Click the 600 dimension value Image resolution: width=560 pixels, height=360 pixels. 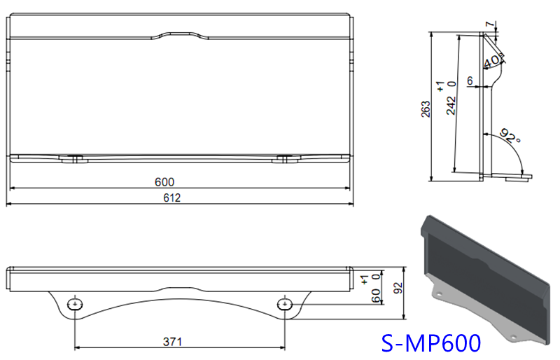164,182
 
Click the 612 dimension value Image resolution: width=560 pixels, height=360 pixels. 172,198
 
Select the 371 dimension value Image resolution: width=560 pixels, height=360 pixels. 172,342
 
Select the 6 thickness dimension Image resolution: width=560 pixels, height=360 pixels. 470,81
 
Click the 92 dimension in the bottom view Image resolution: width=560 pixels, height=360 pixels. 399,286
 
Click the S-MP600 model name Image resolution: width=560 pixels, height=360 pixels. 430,343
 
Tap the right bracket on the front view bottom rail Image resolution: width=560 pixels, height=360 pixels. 283,159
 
